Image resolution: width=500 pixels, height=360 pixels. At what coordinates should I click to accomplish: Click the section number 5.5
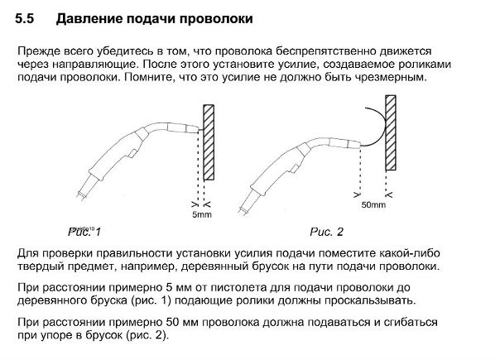click(26, 17)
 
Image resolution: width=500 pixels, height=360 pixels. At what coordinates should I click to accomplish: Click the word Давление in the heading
click(91, 17)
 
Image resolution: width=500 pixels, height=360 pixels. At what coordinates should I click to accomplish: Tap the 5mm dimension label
click(201, 214)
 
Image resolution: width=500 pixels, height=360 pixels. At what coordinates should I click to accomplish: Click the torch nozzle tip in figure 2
click(354, 146)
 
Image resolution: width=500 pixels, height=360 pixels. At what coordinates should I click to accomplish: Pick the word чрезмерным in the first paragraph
click(389, 76)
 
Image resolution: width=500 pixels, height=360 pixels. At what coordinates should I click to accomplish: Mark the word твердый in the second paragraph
click(40, 266)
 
